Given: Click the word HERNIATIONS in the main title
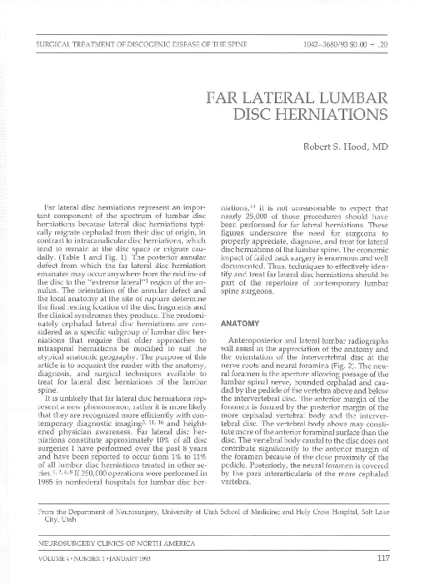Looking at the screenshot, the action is pos(318,109).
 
